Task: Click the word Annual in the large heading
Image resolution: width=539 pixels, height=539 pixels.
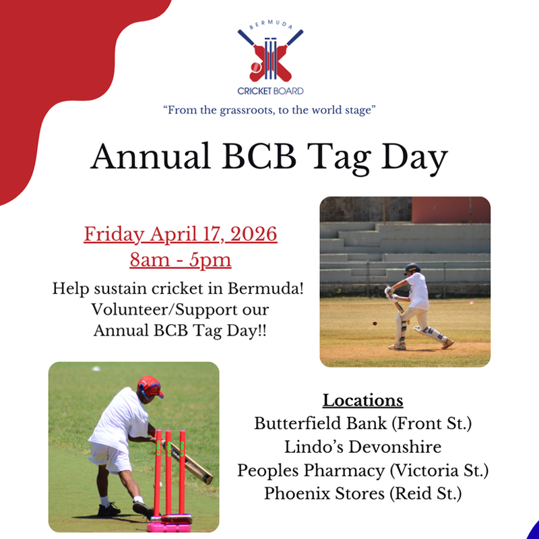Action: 150,156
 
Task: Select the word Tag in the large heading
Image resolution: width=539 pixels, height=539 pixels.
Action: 339,158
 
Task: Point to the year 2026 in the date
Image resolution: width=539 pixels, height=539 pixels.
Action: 253,234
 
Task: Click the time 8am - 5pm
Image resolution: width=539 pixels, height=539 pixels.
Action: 181,260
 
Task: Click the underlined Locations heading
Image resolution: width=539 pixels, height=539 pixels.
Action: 362,400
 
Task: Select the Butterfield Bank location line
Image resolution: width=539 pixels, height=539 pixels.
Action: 362,424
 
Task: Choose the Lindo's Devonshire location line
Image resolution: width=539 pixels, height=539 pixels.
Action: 362,447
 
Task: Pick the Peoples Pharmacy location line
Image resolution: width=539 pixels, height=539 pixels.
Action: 362,470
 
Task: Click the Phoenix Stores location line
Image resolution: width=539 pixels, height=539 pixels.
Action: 362,494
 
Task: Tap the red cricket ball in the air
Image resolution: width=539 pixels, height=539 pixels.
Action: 375,323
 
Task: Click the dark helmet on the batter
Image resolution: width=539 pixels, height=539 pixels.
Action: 412,268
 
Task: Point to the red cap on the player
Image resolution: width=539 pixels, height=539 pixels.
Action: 150,386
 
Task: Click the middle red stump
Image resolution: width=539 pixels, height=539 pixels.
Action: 168,472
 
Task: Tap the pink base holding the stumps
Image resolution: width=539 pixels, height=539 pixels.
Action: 169,524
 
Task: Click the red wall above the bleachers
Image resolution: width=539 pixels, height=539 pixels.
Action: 451,210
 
